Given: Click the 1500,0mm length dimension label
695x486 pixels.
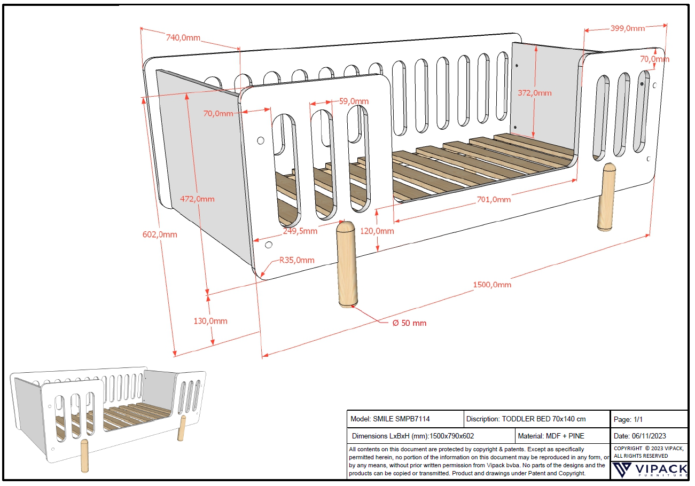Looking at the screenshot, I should tap(491, 285).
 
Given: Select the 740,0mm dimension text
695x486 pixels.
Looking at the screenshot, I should tap(183, 37).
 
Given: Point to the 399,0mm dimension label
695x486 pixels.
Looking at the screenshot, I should tap(627, 28).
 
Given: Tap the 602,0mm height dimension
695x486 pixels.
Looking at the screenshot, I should tap(160, 234).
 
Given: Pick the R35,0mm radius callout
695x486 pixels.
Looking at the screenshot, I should tap(296, 260).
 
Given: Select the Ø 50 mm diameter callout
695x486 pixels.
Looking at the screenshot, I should tap(409, 323).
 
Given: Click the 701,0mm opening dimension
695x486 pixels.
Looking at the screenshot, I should tap(493, 200).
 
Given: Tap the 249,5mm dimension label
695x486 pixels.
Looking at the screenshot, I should tap(300, 231).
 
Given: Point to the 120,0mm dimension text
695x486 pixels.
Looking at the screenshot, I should tap(377, 231).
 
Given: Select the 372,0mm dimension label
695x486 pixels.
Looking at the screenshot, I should tap(534, 93).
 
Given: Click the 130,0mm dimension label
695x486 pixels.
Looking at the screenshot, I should tap(210, 321).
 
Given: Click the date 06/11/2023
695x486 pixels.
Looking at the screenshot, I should tap(647, 436).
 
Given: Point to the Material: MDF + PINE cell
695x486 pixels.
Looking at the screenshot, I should tap(551, 436).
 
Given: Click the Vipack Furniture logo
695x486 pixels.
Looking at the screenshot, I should tap(649, 469).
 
